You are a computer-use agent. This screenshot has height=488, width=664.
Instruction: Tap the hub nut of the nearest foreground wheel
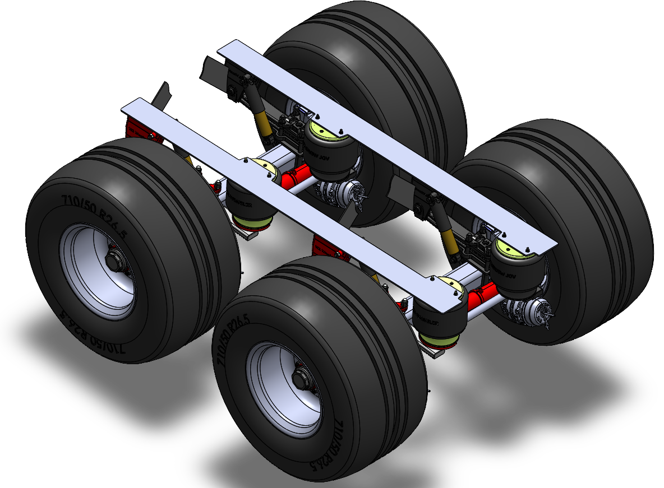299,380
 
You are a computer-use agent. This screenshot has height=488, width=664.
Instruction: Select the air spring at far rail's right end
513,266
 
